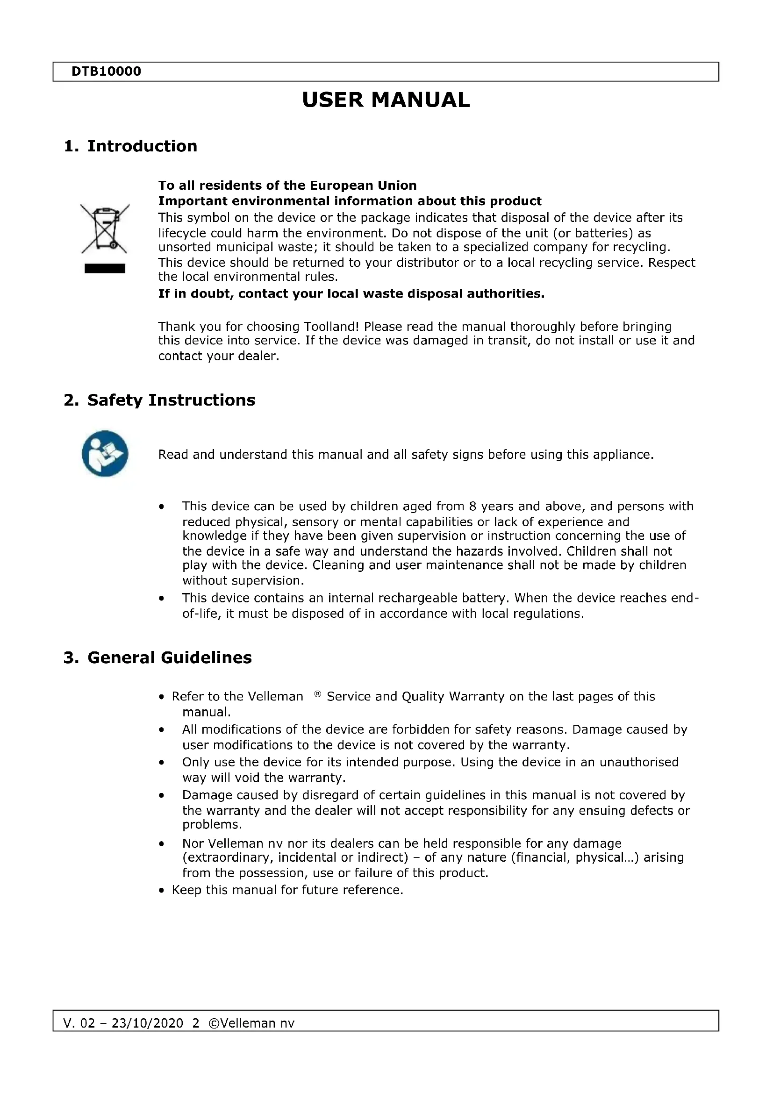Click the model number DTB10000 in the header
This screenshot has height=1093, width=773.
pos(106,71)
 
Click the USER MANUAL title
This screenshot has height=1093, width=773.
pos(386,100)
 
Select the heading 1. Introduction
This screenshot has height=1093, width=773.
pos(130,146)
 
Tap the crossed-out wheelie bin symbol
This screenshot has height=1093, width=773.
pos(105,229)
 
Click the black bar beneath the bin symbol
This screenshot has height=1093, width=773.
pos(105,269)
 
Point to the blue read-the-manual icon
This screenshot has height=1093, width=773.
pos(105,453)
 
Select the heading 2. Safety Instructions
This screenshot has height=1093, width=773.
pos(159,400)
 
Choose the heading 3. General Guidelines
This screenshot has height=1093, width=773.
pos(157,657)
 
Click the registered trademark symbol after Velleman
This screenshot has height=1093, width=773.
pos(317,694)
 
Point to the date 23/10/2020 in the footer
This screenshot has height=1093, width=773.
pos(148,1023)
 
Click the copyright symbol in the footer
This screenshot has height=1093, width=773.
pos(214,1023)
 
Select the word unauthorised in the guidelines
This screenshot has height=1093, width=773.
pos(639,762)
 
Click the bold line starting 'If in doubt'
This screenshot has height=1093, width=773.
pos(351,294)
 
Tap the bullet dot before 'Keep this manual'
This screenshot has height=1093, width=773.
pos(162,890)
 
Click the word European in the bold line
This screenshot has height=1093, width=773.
pos(341,185)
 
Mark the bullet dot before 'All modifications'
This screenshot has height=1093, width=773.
pos(162,730)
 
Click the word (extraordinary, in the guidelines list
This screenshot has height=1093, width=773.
pos(228,857)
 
